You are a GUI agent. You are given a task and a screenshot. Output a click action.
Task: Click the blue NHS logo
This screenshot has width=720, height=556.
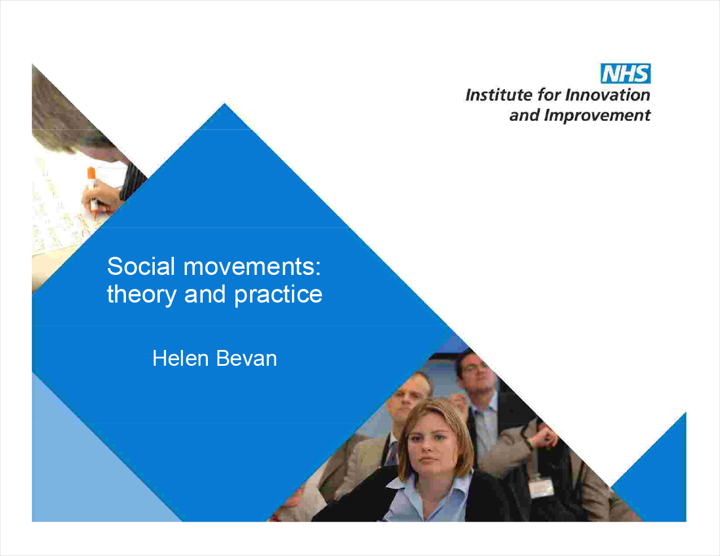626,73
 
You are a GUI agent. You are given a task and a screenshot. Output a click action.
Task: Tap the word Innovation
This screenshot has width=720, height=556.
608,95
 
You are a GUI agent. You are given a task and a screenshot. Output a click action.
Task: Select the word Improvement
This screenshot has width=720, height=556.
597,116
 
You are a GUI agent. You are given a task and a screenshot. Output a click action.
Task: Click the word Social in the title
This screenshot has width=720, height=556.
141,266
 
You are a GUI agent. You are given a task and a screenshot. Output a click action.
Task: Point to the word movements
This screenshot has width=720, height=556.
252,266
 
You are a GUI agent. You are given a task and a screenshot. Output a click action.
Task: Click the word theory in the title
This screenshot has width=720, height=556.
142,295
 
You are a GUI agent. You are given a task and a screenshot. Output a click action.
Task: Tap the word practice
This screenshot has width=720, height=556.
278,295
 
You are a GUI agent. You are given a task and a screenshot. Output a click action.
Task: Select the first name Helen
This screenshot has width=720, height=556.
181,358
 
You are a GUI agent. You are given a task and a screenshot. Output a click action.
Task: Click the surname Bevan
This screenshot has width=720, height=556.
246,358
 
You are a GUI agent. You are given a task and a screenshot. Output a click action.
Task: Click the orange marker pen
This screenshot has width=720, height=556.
92,192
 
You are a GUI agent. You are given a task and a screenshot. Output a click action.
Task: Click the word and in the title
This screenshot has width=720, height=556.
205,294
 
